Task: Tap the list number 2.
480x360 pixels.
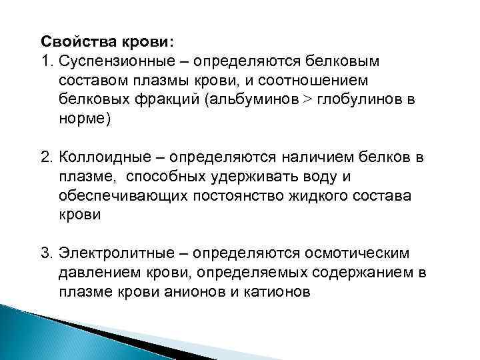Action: (45, 158)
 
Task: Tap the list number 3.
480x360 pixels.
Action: (45, 255)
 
